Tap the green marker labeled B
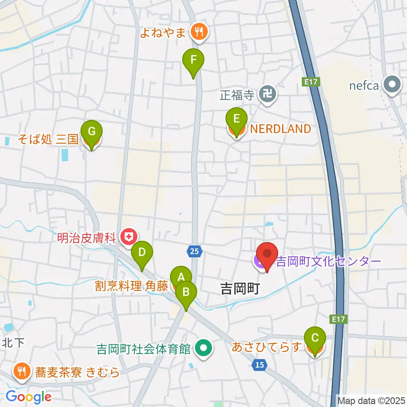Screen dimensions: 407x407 (186, 292)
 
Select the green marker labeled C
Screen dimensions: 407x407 (315, 338)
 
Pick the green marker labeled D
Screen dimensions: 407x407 (142, 253)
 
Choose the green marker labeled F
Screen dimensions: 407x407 (193, 60)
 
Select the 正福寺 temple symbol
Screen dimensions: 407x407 (268, 94)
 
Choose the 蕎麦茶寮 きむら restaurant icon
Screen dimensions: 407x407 (20, 372)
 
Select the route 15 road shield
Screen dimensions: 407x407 (260, 364)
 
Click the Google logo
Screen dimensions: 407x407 (28, 397)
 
